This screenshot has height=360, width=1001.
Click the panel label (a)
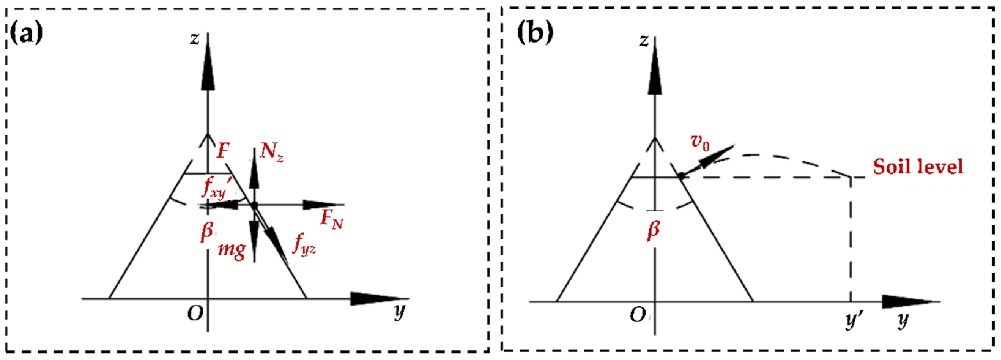click(x=26, y=33)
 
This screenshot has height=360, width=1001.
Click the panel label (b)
click(x=535, y=33)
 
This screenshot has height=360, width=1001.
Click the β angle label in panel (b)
click(x=654, y=229)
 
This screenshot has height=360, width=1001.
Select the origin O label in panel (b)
click(x=637, y=315)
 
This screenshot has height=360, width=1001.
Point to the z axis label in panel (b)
click(x=644, y=41)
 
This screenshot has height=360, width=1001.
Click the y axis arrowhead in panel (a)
click(x=373, y=299)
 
